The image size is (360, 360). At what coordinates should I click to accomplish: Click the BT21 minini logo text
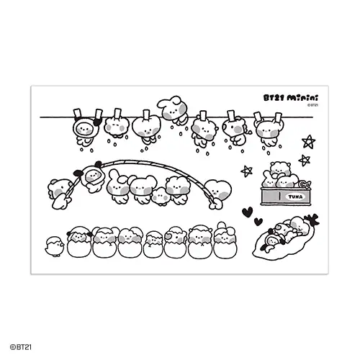(291, 98)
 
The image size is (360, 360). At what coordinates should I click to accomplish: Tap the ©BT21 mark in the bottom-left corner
(21, 347)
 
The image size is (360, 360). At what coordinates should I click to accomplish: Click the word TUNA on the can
(295, 197)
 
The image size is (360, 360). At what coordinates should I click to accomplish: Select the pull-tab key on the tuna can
(305, 184)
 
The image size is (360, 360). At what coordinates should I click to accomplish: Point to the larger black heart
(247, 212)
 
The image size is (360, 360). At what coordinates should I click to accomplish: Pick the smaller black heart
(258, 222)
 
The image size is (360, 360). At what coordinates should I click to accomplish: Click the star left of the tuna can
(247, 171)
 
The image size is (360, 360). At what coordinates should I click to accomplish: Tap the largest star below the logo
(309, 142)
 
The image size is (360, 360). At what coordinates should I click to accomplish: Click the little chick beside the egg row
(55, 246)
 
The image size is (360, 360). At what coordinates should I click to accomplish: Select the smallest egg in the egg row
(153, 245)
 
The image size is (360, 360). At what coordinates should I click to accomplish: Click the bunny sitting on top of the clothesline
(172, 110)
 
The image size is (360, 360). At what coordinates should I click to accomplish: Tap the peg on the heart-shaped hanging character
(146, 114)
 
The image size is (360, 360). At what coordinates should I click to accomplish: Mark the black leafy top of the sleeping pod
(312, 220)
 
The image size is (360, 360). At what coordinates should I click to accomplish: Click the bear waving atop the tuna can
(280, 169)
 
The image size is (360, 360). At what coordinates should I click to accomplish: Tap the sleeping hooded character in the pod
(272, 242)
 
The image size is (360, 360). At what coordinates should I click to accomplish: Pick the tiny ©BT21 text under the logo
(312, 105)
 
